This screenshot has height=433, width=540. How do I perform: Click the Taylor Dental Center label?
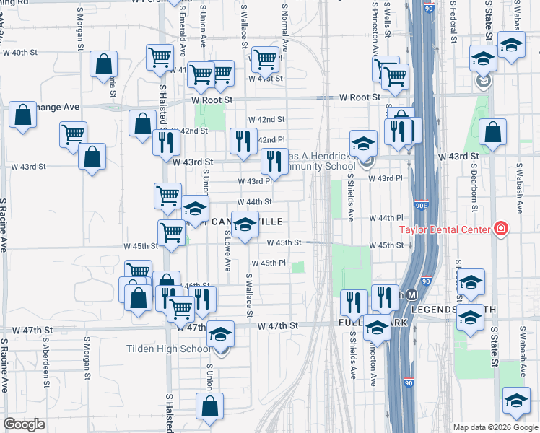[445, 230]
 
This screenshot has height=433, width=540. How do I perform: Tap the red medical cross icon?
[500, 230]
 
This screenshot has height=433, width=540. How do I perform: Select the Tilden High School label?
[168, 349]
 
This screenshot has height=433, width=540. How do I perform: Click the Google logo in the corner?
[24, 424]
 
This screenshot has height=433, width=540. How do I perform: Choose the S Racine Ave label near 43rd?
[4, 224]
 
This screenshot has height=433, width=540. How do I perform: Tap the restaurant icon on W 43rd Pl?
[274, 162]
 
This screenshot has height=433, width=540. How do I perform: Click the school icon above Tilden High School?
[222, 333]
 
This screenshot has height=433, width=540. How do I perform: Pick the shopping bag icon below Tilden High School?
[209, 405]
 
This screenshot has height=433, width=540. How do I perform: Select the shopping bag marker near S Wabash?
[492, 133]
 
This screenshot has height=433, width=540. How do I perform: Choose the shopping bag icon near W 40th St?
[104, 64]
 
